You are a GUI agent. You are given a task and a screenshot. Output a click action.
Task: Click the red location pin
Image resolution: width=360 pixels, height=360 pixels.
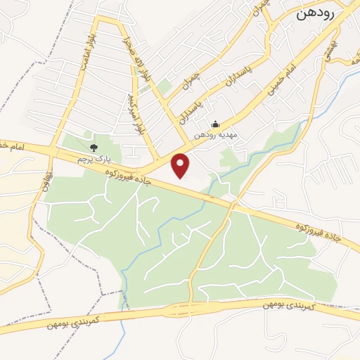[181, 165]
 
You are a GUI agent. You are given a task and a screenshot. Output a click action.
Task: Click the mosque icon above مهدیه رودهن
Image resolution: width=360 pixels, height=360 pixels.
[215, 124]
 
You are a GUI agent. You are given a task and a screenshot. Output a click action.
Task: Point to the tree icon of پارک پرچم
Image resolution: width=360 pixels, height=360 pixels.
[93, 147]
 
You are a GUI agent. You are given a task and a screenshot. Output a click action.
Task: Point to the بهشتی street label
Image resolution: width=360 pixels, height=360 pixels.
[328, 48]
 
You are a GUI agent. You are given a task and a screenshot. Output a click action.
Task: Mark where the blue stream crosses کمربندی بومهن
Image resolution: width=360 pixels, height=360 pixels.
[126, 314]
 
